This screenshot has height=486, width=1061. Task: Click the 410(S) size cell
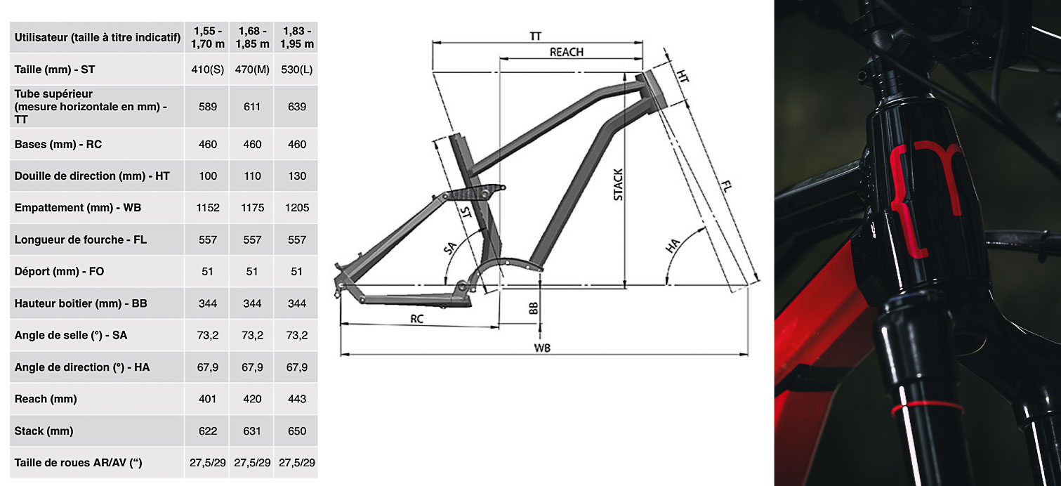click(208, 70)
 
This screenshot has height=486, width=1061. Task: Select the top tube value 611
click(252, 107)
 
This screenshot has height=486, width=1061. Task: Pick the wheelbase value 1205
click(297, 208)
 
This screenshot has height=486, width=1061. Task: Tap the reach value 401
click(208, 399)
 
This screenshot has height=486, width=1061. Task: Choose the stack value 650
click(297, 431)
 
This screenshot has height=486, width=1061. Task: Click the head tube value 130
click(297, 176)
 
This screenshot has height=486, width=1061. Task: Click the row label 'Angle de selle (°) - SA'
click(70, 336)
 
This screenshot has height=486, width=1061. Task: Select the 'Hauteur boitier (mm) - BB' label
click(80, 303)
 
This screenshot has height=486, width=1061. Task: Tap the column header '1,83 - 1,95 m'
click(297, 37)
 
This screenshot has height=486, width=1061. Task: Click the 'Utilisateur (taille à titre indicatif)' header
click(98, 38)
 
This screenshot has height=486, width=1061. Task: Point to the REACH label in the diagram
click(566, 52)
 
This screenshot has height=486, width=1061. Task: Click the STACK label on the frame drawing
click(618, 185)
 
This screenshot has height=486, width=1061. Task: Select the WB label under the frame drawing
click(541, 348)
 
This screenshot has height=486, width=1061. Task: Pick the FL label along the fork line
click(728, 188)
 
